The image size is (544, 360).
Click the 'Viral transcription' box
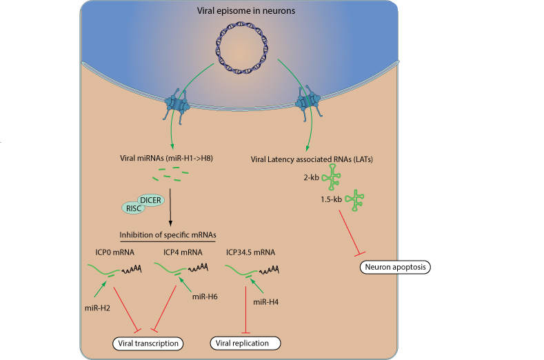(148, 343)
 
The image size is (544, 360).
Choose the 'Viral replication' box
(245, 343)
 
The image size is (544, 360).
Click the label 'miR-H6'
(205, 297)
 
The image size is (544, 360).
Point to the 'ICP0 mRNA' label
(116, 252)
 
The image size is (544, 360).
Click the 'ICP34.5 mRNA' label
(250, 252)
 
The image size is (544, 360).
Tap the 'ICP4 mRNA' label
(183, 252)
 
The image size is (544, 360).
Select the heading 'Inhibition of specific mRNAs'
(168, 234)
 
